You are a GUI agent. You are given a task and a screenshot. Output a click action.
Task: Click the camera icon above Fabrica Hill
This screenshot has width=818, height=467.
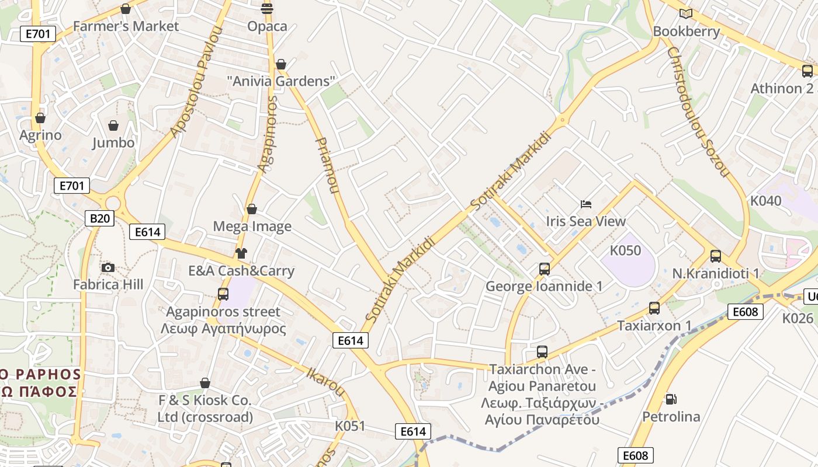[x=108, y=268]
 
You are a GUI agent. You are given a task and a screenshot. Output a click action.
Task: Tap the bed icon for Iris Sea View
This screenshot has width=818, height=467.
[x=586, y=204]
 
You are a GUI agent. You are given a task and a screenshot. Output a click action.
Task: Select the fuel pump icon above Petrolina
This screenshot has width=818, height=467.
[x=671, y=399]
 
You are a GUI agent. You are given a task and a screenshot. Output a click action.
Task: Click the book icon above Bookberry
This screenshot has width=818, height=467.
[x=686, y=13]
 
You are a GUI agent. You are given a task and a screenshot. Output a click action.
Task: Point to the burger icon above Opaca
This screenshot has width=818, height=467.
[x=267, y=8]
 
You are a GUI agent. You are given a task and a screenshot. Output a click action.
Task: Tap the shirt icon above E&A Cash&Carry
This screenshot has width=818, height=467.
[x=241, y=253]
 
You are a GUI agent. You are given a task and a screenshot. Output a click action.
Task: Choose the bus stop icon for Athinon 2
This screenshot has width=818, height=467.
[x=807, y=71]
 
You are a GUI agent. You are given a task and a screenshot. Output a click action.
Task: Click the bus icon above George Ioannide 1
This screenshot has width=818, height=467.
[x=545, y=269]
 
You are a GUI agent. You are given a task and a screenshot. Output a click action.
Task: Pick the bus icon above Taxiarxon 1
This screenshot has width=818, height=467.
[x=654, y=308]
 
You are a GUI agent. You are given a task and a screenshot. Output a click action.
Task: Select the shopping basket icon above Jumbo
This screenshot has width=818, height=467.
[x=113, y=126]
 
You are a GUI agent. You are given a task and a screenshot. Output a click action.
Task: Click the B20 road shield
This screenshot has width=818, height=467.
[x=99, y=218]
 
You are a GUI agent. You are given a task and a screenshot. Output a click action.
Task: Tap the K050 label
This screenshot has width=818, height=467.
[x=625, y=250]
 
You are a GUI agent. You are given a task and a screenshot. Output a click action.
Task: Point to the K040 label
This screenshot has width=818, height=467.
[x=765, y=201]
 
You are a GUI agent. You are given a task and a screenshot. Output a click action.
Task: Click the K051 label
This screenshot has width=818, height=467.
[x=350, y=426]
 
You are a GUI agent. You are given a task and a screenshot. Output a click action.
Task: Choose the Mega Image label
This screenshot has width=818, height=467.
[x=252, y=226]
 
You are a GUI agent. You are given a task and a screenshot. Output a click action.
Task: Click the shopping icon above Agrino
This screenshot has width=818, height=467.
[x=40, y=119]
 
